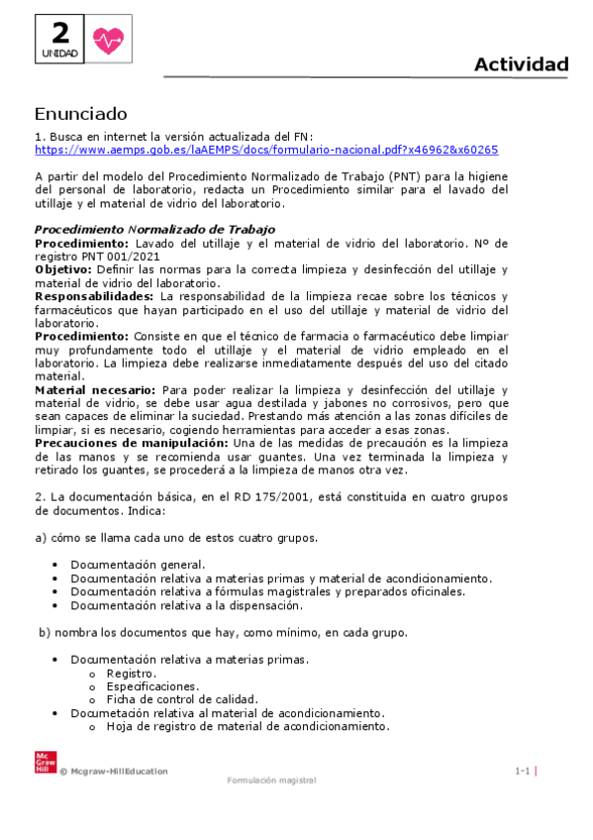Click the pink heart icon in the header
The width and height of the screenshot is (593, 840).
(106, 40)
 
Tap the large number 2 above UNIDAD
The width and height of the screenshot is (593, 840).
(60, 32)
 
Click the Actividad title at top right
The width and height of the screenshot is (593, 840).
(521, 65)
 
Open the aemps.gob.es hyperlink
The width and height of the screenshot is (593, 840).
(265, 150)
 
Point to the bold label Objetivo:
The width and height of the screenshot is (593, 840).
(64, 269)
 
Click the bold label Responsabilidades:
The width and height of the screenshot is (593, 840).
(93, 296)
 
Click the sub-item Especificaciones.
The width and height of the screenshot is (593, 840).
(151, 685)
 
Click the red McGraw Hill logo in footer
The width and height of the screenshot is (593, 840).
(43, 763)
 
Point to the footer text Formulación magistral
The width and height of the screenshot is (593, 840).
(271, 780)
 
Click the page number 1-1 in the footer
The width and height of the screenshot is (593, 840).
(523, 771)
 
